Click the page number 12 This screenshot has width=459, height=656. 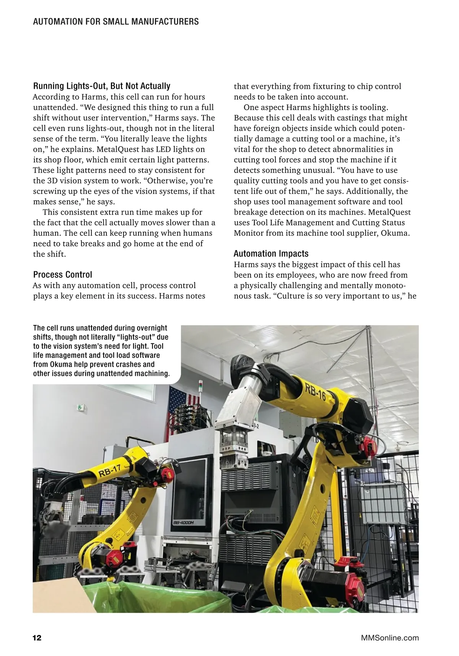(x=37, y=638)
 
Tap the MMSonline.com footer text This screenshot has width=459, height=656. (x=390, y=638)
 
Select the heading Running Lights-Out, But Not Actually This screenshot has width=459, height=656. (x=102, y=86)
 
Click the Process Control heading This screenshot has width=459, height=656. (x=63, y=274)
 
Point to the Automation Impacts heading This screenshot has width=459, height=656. (x=271, y=253)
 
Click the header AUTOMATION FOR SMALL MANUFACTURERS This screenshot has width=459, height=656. (x=116, y=22)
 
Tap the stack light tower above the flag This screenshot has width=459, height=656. (x=199, y=387)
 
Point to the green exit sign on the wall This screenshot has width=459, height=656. (x=80, y=408)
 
